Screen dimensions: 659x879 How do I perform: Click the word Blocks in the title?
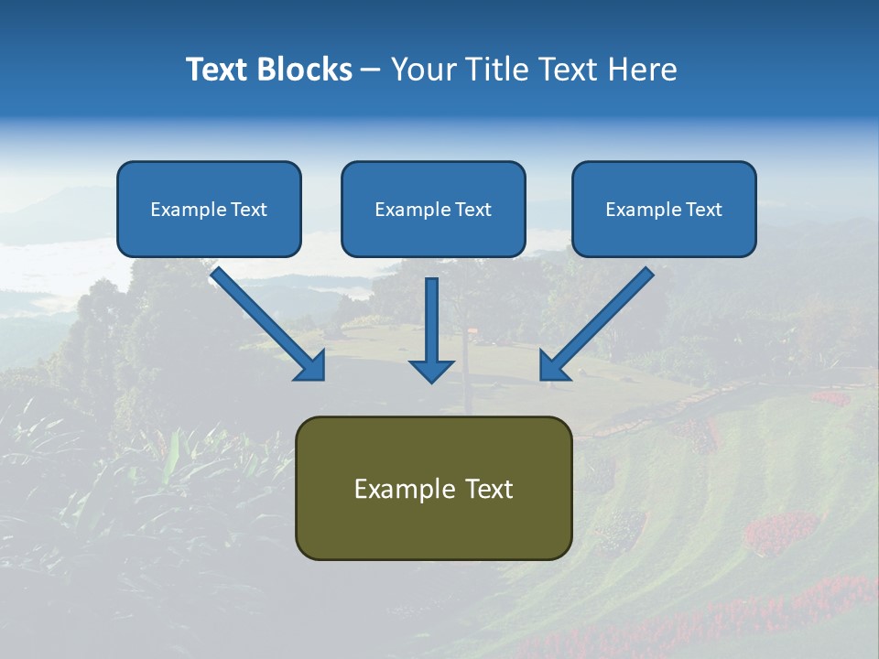click(306, 70)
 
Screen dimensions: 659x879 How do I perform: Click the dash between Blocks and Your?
click(371, 70)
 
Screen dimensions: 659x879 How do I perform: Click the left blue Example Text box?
click(209, 210)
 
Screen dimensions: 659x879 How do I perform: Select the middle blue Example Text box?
click(433, 210)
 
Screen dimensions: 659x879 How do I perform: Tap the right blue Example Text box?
click(664, 210)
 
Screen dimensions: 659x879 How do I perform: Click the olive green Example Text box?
click(433, 488)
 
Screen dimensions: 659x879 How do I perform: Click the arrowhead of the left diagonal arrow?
click(311, 366)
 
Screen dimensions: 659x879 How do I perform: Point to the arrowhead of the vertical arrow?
click(431, 370)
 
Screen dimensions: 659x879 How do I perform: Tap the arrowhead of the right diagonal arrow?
click(554, 366)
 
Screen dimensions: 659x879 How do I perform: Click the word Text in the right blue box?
click(702, 210)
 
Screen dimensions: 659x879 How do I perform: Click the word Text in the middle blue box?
click(472, 210)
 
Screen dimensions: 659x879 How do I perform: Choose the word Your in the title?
click(425, 70)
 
